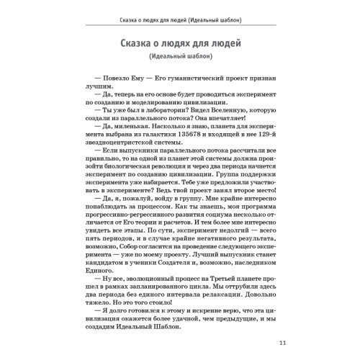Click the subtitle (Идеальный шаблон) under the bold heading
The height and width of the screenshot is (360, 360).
tap(179, 57)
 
